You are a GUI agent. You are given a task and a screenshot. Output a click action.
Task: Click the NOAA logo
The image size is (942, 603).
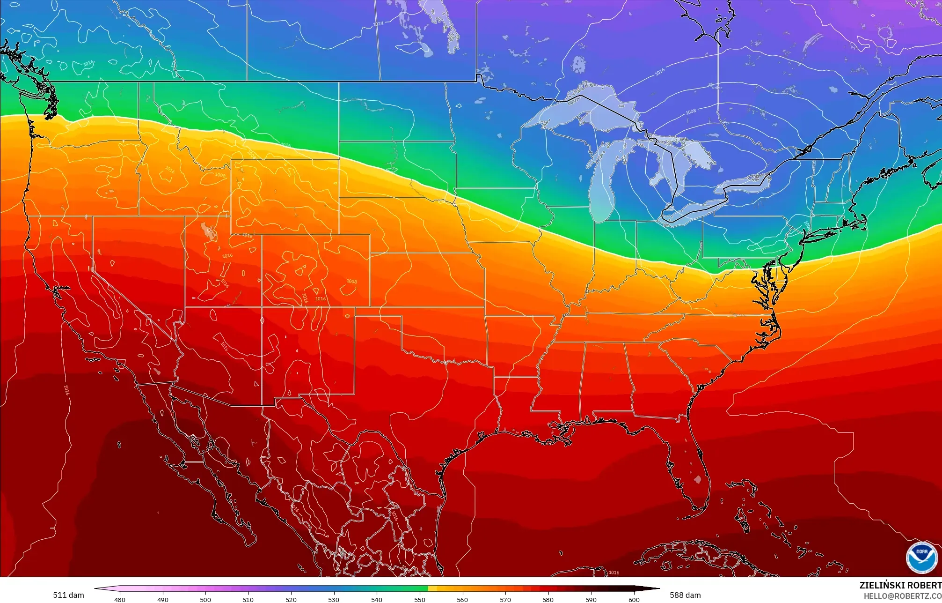click(921, 558)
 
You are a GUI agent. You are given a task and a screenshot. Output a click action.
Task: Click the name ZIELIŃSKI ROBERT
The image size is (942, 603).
click(900, 585)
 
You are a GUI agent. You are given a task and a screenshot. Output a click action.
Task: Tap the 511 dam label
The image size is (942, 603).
click(68, 595)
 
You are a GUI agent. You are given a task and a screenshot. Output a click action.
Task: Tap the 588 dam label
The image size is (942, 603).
click(685, 595)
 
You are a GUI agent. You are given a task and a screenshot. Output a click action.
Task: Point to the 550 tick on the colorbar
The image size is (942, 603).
click(420, 599)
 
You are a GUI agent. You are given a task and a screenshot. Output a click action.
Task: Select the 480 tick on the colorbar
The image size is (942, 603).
click(120, 599)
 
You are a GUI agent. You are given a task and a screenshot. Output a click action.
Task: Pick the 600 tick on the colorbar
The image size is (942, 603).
click(634, 599)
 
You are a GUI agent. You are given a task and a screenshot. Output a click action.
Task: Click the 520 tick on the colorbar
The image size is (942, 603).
click(291, 599)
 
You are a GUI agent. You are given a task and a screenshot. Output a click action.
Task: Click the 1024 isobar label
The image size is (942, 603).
click(378, 23)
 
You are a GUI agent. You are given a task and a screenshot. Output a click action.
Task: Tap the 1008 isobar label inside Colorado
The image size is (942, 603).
click(351, 282)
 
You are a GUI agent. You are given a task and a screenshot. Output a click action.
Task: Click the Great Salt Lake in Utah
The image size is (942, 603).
click(206, 230)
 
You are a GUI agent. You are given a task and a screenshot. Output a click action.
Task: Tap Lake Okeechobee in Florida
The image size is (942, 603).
click(698, 479)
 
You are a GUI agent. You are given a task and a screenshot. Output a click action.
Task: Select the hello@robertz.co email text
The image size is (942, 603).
click(902, 596)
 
